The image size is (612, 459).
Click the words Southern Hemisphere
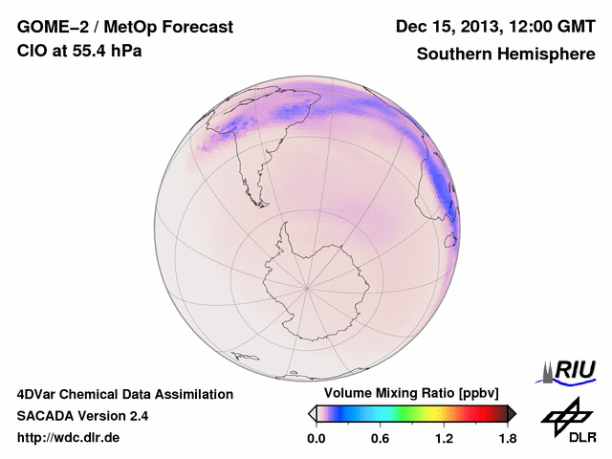506,55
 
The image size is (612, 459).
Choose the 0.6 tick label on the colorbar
380,439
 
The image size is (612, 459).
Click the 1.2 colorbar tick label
443,439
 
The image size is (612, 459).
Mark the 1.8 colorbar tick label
506,439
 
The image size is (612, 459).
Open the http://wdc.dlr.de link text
69,438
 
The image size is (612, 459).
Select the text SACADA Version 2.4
82,416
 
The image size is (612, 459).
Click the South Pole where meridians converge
306,287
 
